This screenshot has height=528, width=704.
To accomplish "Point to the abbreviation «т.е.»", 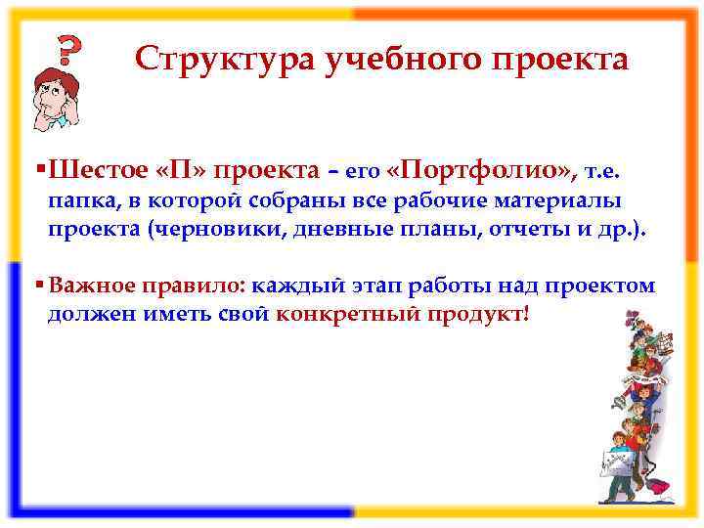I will pyautogui.click(x=601, y=173).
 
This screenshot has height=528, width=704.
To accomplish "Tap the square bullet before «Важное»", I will pyautogui.click(x=38, y=286).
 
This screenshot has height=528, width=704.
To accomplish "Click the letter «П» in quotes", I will pyautogui.click(x=182, y=171).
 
